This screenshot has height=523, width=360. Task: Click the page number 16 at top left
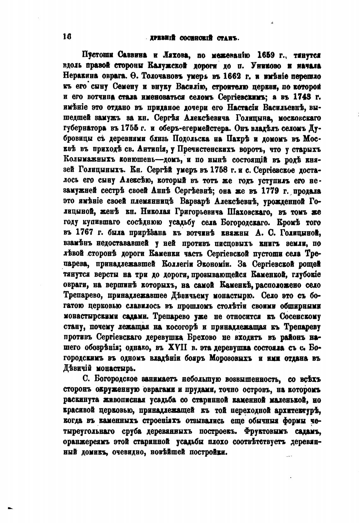67,36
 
